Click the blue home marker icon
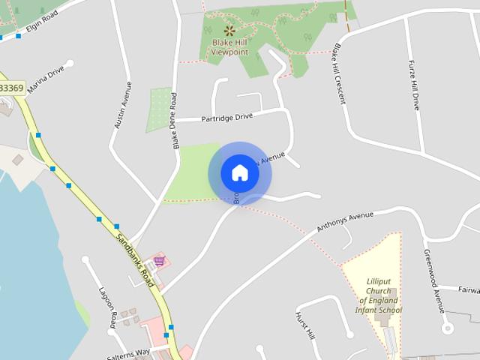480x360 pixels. click(240, 172)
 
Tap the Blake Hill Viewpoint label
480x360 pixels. click(229, 47)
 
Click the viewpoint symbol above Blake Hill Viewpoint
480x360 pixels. click(229, 31)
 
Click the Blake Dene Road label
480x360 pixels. click(174, 120)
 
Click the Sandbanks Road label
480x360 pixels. click(136, 260)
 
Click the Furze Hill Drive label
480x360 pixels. click(413, 85)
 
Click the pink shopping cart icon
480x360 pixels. click(159, 261)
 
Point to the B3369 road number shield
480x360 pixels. click(11, 88)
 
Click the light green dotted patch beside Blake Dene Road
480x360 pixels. click(159, 109)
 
